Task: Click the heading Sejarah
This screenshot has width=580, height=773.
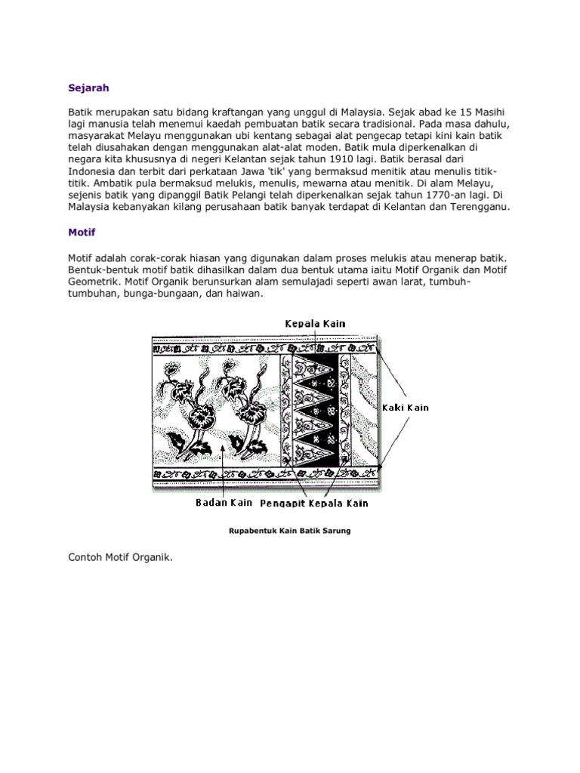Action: point(88,88)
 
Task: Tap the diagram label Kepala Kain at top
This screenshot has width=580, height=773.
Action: point(315,324)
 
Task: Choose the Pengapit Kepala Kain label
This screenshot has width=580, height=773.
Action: point(314,503)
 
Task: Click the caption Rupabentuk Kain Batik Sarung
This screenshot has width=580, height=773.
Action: point(289,531)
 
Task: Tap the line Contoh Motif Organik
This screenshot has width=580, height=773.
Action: point(120,558)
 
